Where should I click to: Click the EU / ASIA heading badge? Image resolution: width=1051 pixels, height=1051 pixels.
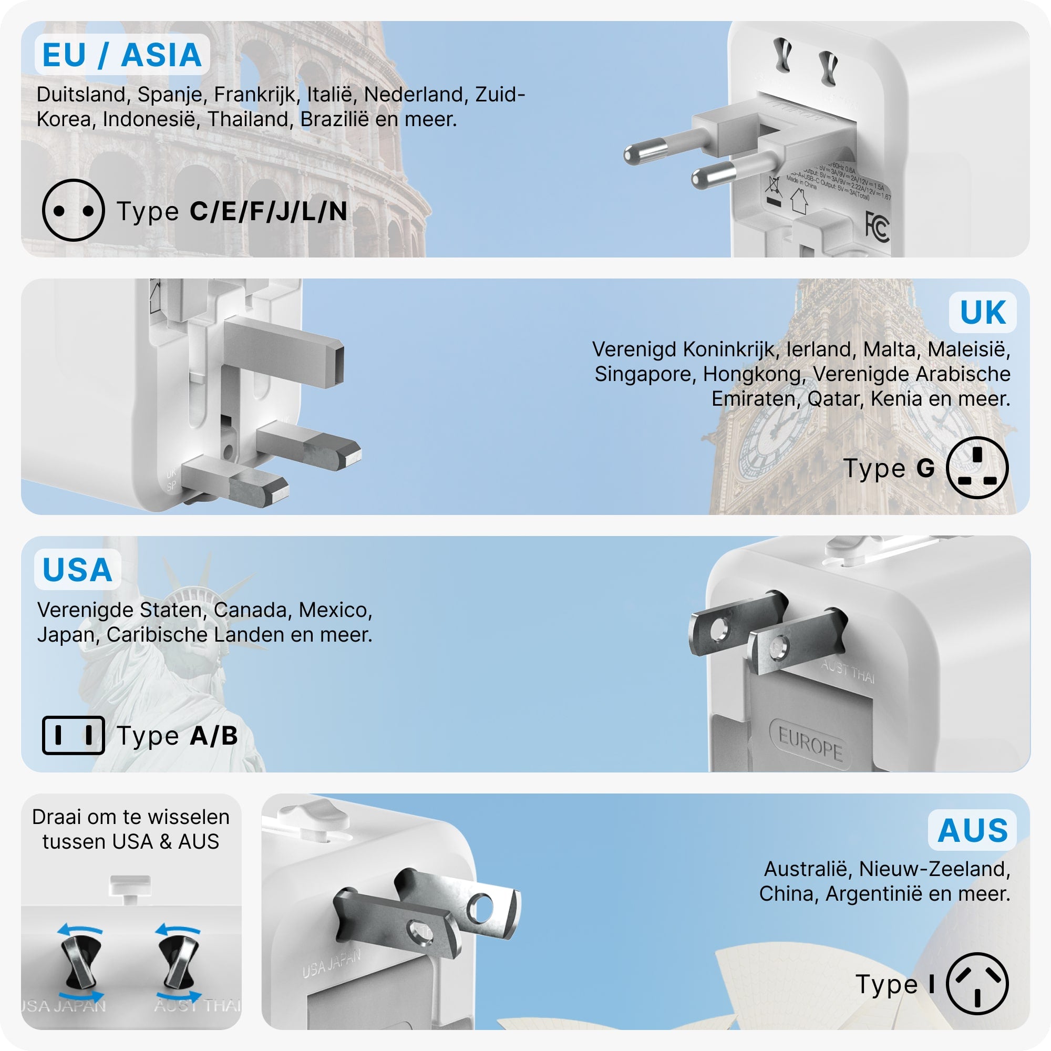(122, 55)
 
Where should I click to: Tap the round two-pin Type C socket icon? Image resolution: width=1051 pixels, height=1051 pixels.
(73, 210)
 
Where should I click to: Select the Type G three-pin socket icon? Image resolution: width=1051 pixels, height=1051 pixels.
(977, 467)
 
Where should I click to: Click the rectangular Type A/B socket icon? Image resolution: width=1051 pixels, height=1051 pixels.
(74, 736)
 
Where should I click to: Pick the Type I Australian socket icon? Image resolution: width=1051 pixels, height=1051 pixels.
(977, 983)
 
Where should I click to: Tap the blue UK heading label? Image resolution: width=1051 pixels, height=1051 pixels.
(983, 312)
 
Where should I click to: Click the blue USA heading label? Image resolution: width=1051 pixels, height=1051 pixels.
(77, 570)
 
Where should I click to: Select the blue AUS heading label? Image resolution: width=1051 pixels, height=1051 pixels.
(973, 830)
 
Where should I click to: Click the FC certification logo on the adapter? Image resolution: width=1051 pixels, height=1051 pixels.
(877, 227)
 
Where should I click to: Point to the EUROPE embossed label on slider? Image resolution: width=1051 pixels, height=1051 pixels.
(810, 744)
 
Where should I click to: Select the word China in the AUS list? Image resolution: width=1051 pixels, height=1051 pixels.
(789, 893)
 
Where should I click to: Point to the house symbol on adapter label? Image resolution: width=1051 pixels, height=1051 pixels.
(799, 201)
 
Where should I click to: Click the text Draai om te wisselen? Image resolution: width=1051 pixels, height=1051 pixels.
(130, 817)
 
